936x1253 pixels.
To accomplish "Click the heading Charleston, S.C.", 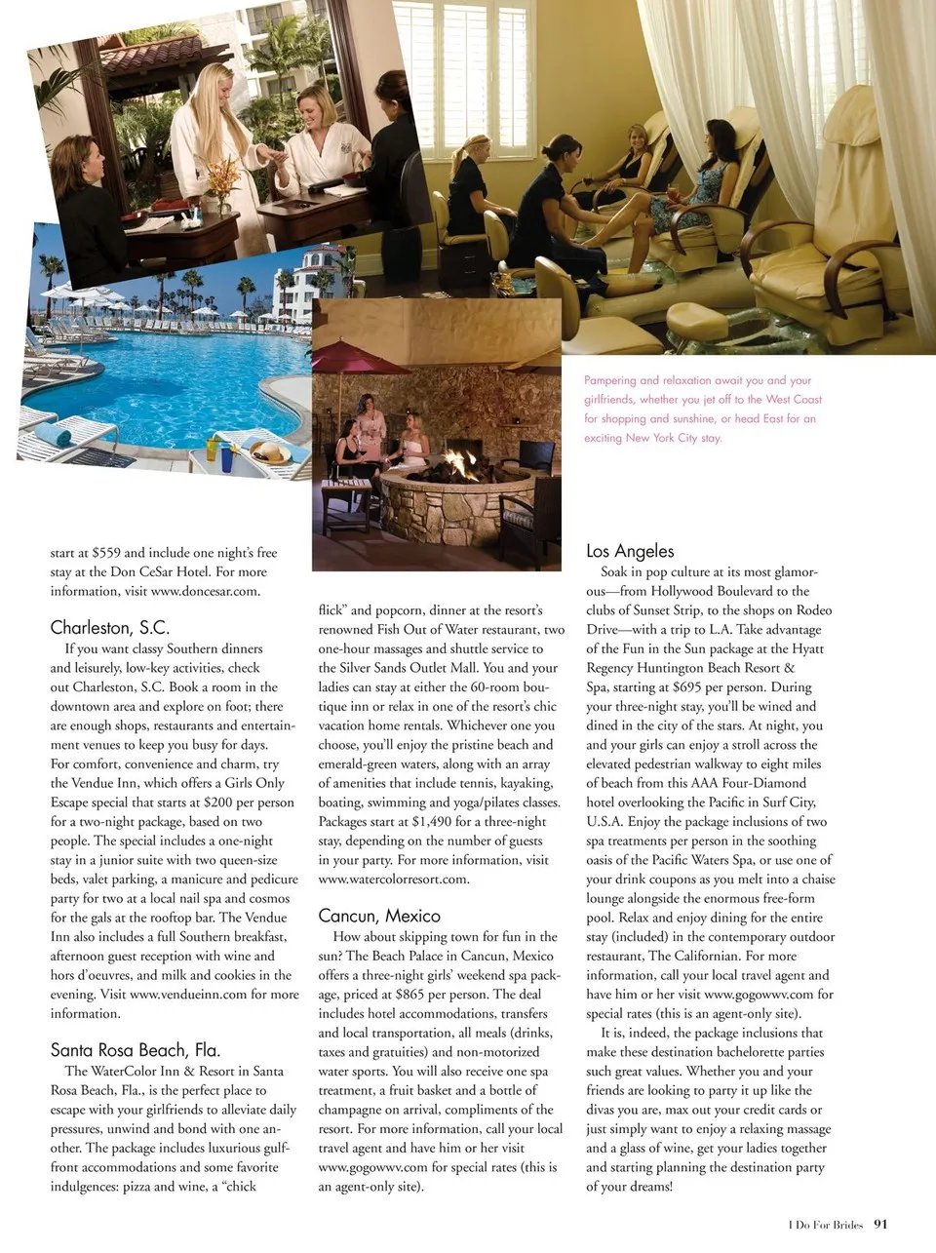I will [109, 627].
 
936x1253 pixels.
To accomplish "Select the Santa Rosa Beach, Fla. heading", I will [136, 1049].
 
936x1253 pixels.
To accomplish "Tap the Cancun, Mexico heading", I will [379, 915].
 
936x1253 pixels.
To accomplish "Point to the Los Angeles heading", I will [630, 551].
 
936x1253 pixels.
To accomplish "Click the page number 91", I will [881, 1225].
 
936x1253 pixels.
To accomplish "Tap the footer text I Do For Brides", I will [826, 1226].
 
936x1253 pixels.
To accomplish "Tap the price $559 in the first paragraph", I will [106, 553].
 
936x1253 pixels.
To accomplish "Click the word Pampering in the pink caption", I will [609, 380].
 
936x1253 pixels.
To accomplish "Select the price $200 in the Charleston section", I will [219, 803].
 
